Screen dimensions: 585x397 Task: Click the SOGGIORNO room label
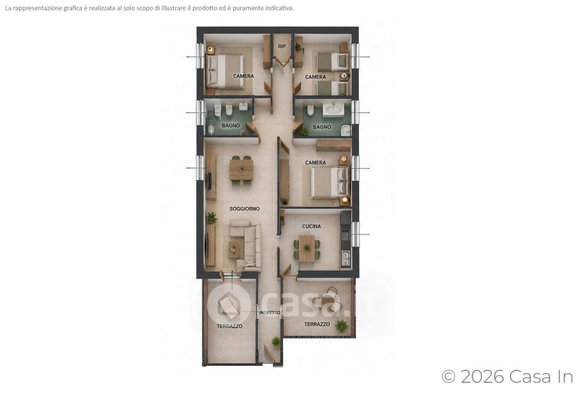coord(244,209)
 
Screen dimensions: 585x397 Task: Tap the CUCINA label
coord(312,226)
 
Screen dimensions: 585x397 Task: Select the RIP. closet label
coord(283,47)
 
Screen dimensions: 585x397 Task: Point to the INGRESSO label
coord(270,313)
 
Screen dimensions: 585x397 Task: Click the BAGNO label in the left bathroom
coord(230,125)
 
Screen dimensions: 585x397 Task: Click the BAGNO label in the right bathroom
coord(322,127)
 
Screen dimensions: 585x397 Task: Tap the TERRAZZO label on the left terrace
coord(230,326)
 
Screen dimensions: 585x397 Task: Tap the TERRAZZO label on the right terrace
coord(317,324)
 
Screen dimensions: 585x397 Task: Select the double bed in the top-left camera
coord(225,71)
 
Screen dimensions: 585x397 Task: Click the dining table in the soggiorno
coord(241,170)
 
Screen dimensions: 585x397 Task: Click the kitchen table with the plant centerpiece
coord(307,248)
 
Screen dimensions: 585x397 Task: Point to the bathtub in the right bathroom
coord(334,109)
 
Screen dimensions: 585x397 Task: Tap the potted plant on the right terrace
coord(341,326)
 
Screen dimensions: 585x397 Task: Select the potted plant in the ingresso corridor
coord(276,342)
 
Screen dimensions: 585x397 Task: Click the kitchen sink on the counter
coord(345,258)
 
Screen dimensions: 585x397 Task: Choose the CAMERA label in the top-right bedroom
coord(315,77)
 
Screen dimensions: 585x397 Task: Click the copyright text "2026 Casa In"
coord(516,377)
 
